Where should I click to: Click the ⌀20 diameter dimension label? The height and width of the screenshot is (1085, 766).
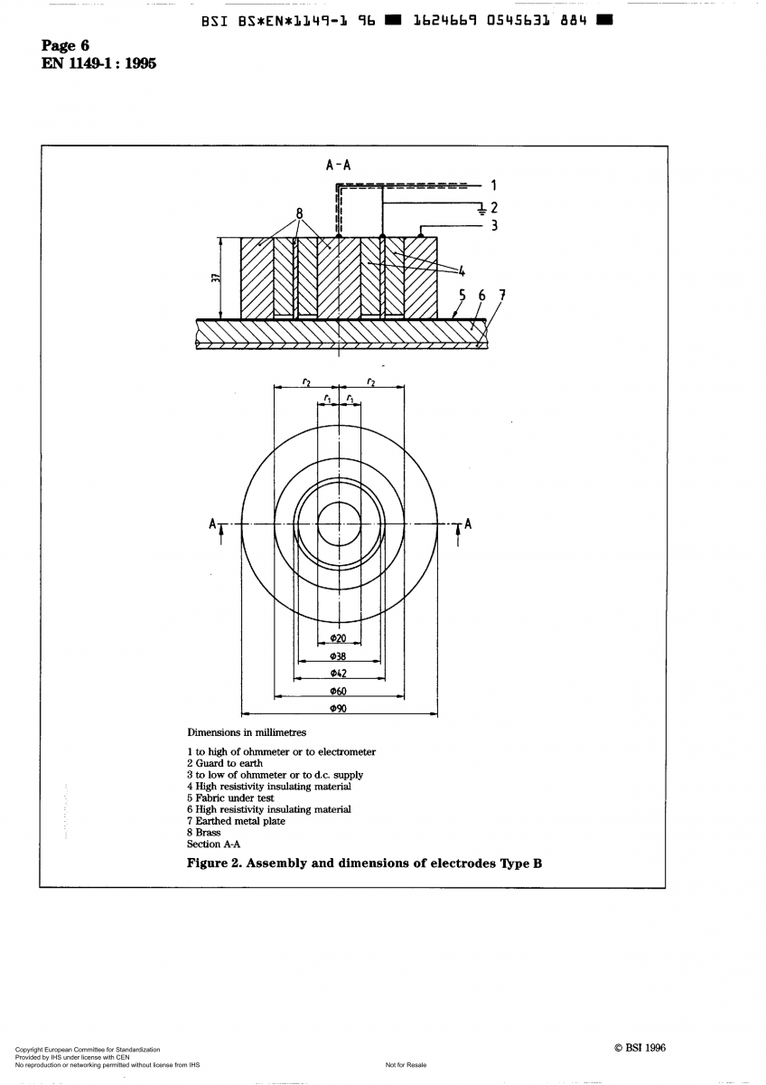[x=339, y=638]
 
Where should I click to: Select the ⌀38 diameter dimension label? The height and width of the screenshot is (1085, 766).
[x=339, y=656]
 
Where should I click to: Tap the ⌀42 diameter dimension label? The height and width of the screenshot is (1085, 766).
[x=339, y=674]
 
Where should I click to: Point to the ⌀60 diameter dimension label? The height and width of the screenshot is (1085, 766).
[x=339, y=692]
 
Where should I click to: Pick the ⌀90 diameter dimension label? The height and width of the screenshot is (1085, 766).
[x=339, y=709]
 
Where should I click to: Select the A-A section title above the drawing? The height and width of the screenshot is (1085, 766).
[x=338, y=165]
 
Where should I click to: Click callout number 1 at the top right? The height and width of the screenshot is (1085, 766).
[x=494, y=186]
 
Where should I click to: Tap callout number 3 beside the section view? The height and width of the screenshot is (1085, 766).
[x=494, y=225]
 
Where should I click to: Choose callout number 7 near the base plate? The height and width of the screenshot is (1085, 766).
[x=502, y=295]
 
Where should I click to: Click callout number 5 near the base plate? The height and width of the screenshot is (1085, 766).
[x=462, y=295]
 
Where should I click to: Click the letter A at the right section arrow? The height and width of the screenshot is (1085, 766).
[x=468, y=524]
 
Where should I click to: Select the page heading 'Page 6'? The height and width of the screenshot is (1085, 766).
[x=65, y=46]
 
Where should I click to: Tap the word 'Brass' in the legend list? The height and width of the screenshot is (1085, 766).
[x=208, y=833]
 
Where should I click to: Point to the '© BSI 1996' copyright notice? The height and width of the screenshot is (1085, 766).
[x=639, y=1048]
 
